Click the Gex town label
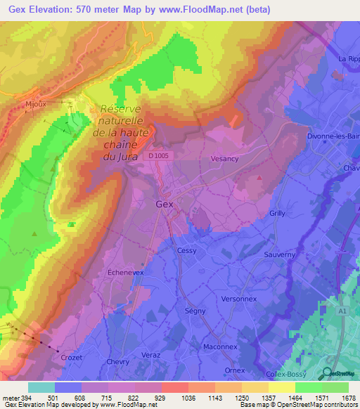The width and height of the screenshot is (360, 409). [163, 204]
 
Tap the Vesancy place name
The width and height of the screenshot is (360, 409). [225, 159]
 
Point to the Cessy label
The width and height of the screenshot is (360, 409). [187, 250]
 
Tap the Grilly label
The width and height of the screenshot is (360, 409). [278, 212]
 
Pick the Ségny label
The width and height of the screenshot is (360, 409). [195, 311]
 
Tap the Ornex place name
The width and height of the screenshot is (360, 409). [234, 370]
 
